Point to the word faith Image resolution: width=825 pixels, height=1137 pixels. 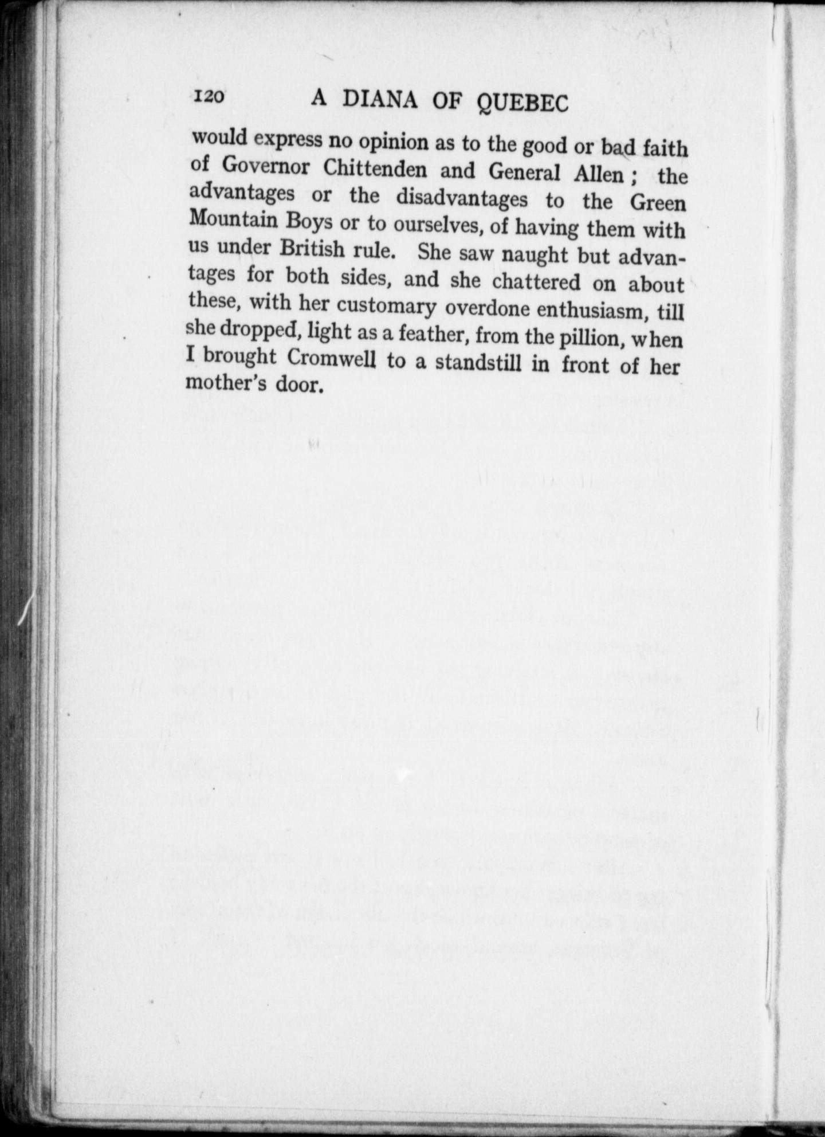click(665, 149)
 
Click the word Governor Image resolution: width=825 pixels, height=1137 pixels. click(265, 166)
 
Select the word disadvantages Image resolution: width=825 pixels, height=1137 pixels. click(462, 198)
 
